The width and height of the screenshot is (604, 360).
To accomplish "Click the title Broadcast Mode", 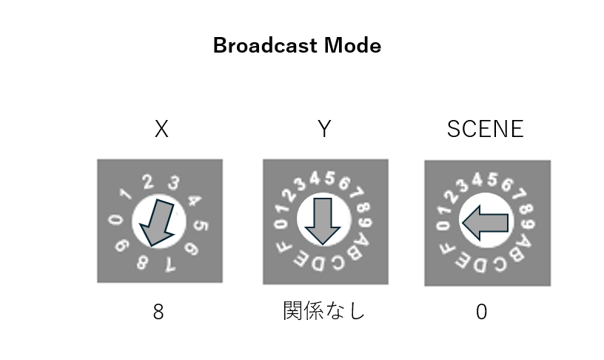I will pos(297,46).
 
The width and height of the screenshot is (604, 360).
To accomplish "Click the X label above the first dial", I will pos(161,130).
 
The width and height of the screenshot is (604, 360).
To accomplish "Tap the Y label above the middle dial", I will pos(323,130).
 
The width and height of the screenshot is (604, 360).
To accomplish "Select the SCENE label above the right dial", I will pos(486,130).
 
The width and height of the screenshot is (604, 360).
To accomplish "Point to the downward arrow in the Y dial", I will pos(323,221).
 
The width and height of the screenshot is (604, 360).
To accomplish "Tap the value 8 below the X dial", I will pos(158,312).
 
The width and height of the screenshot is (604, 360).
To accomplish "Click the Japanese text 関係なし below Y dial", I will pos(323,312).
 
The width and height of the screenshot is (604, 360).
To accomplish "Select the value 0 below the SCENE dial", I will pos(482,312).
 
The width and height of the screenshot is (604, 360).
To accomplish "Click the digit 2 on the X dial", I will pos(147,181).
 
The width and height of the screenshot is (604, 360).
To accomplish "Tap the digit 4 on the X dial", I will pos(194,200).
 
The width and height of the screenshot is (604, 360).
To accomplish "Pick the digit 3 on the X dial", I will pos(173,182).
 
